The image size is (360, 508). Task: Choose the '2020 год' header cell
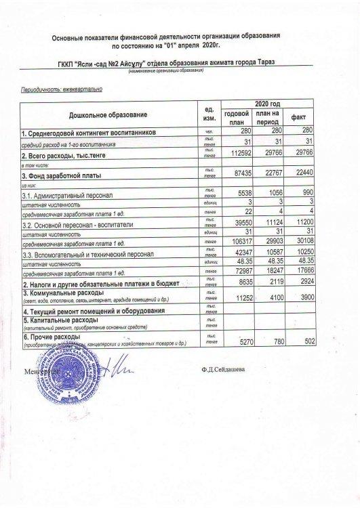click(268, 103)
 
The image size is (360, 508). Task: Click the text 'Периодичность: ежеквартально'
click(62, 89)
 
